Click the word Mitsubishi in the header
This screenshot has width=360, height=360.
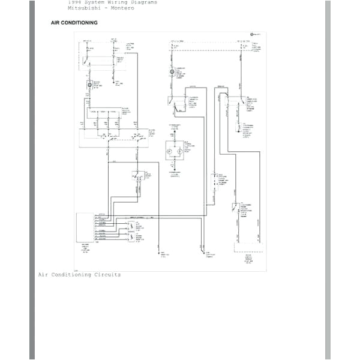pos(81,8)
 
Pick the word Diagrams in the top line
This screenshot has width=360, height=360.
pos(145,2)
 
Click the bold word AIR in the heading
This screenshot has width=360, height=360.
pos(56,23)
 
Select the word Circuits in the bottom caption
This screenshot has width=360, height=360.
pos(108,275)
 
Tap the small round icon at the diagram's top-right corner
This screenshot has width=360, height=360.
pos(253,35)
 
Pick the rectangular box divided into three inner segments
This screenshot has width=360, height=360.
pos(103,113)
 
